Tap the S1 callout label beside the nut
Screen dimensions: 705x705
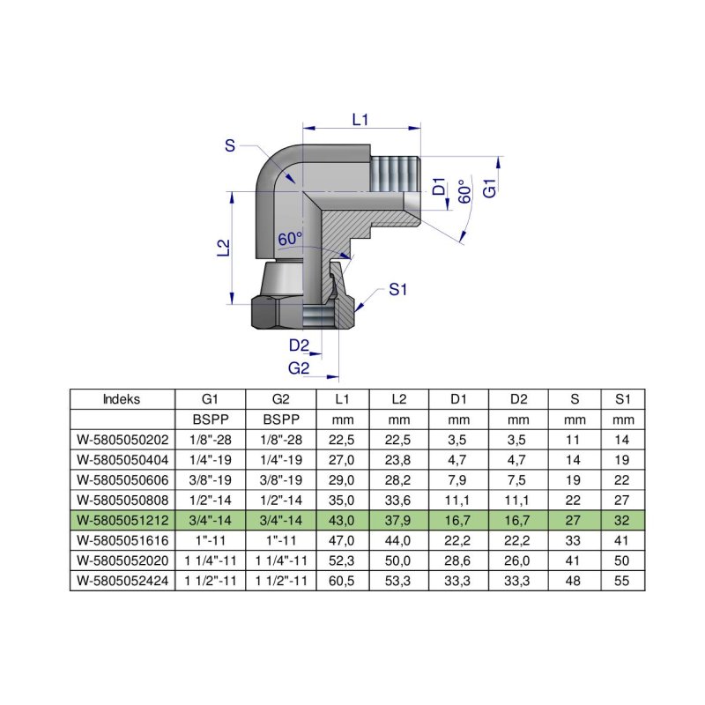click(x=398, y=289)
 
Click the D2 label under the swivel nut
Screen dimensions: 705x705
click(x=299, y=345)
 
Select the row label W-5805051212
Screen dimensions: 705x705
click(x=122, y=519)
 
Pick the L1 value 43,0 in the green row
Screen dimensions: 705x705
click(x=342, y=519)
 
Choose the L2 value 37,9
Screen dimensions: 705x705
click(x=399, y=519)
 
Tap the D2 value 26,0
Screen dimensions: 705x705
click(x=517, y=560)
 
